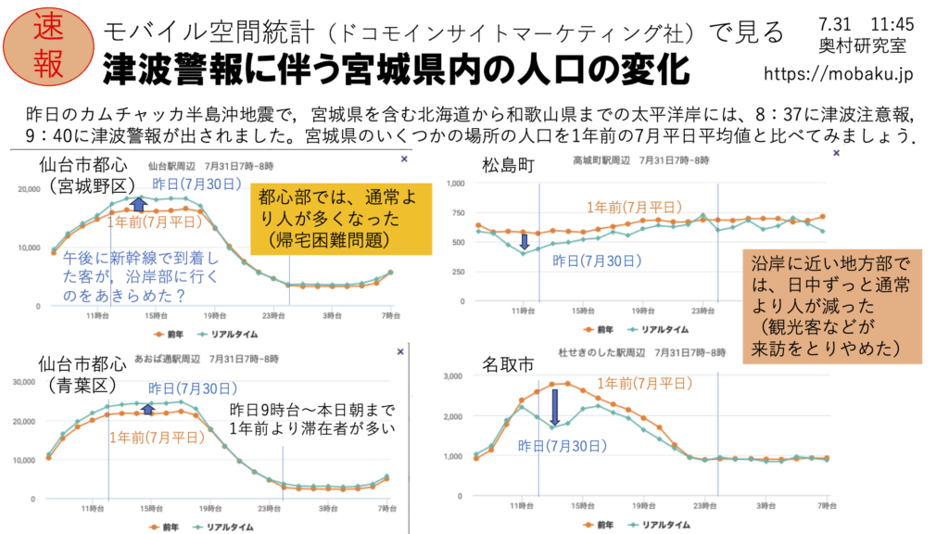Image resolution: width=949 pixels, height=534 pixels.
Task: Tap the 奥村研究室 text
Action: (x=850, y=44)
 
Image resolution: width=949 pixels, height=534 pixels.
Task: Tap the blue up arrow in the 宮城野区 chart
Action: (x=139, y=205)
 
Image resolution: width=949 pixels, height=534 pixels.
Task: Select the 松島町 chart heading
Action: (x=509, y=165)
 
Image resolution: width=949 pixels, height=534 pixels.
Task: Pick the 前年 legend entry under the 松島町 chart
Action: (x=599, y=329)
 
